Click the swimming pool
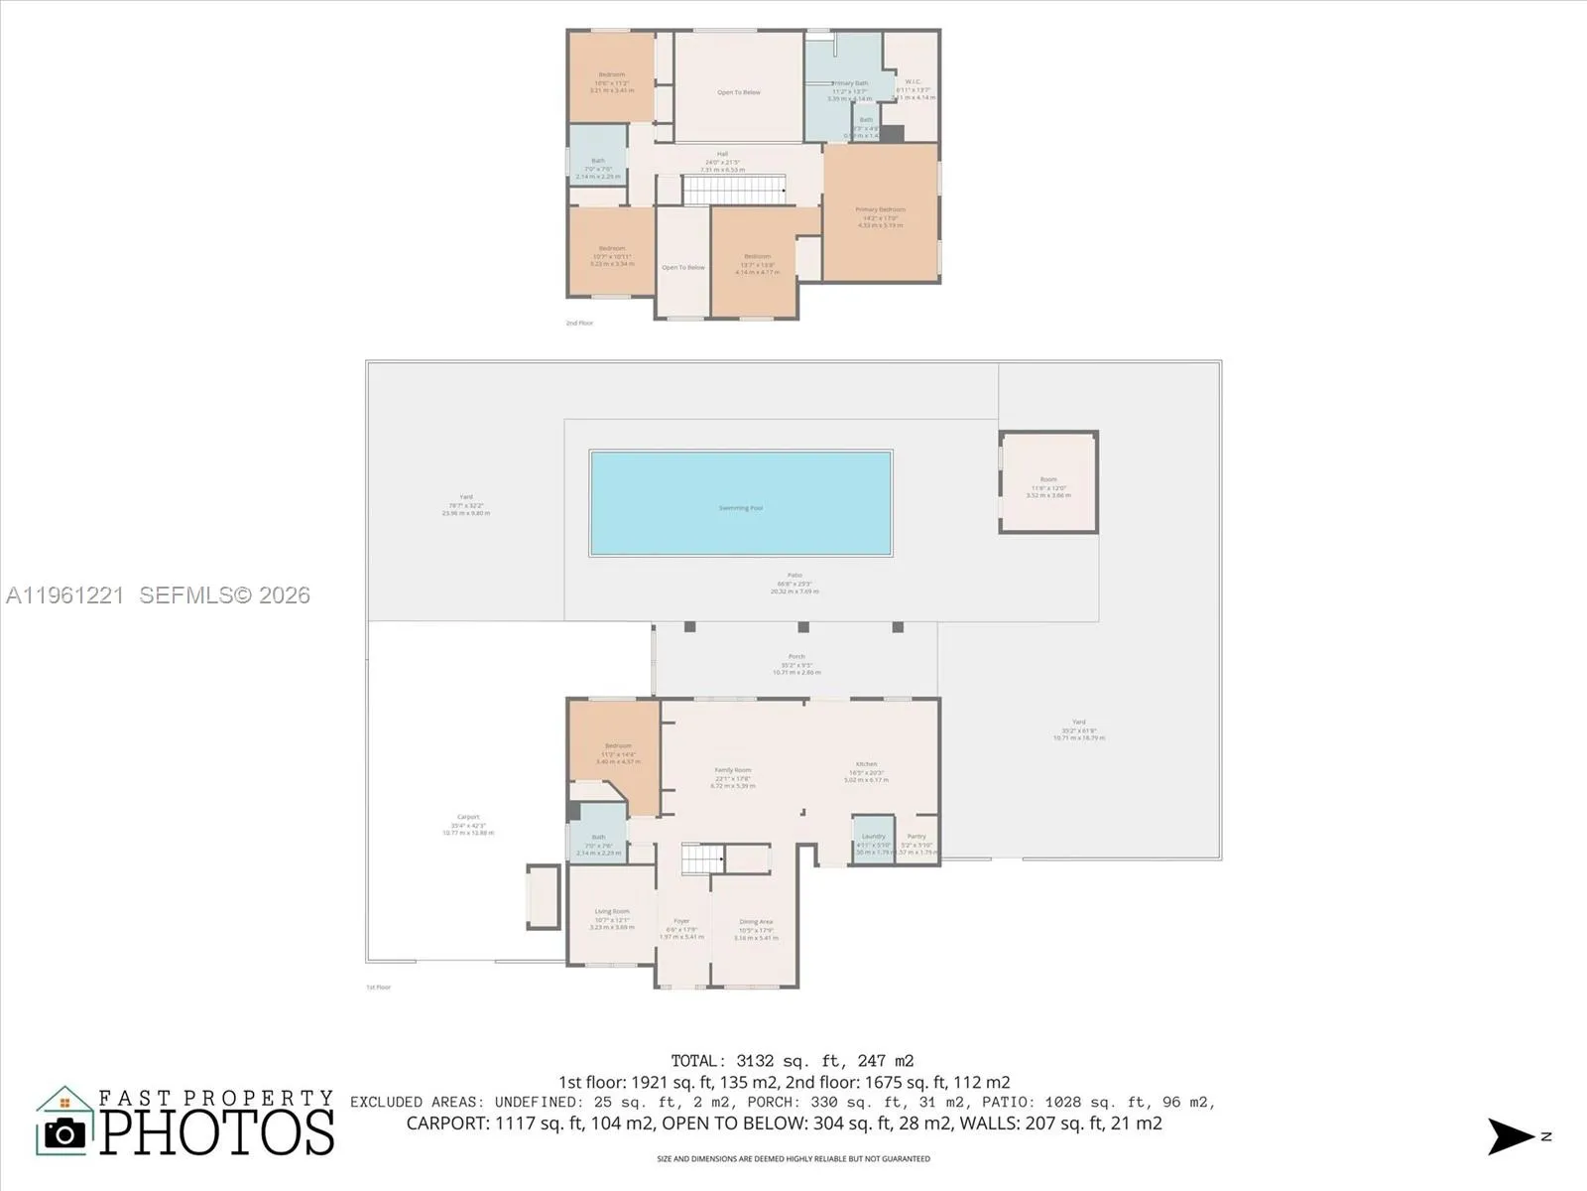(741, 503)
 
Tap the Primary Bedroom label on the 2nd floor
(880, 209)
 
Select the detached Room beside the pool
(1048, 482)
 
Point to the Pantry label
(916, 837)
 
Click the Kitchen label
(865, 764)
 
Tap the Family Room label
(733, 770)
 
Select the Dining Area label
(756, 922)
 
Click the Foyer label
(681, 922)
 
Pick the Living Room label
(612, 911)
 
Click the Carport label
(468, 817)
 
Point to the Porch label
(796, 656)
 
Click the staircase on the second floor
(735, 190)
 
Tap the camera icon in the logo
(65, 1133)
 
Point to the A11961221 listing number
(64, 595)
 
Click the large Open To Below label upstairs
(739, 92)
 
